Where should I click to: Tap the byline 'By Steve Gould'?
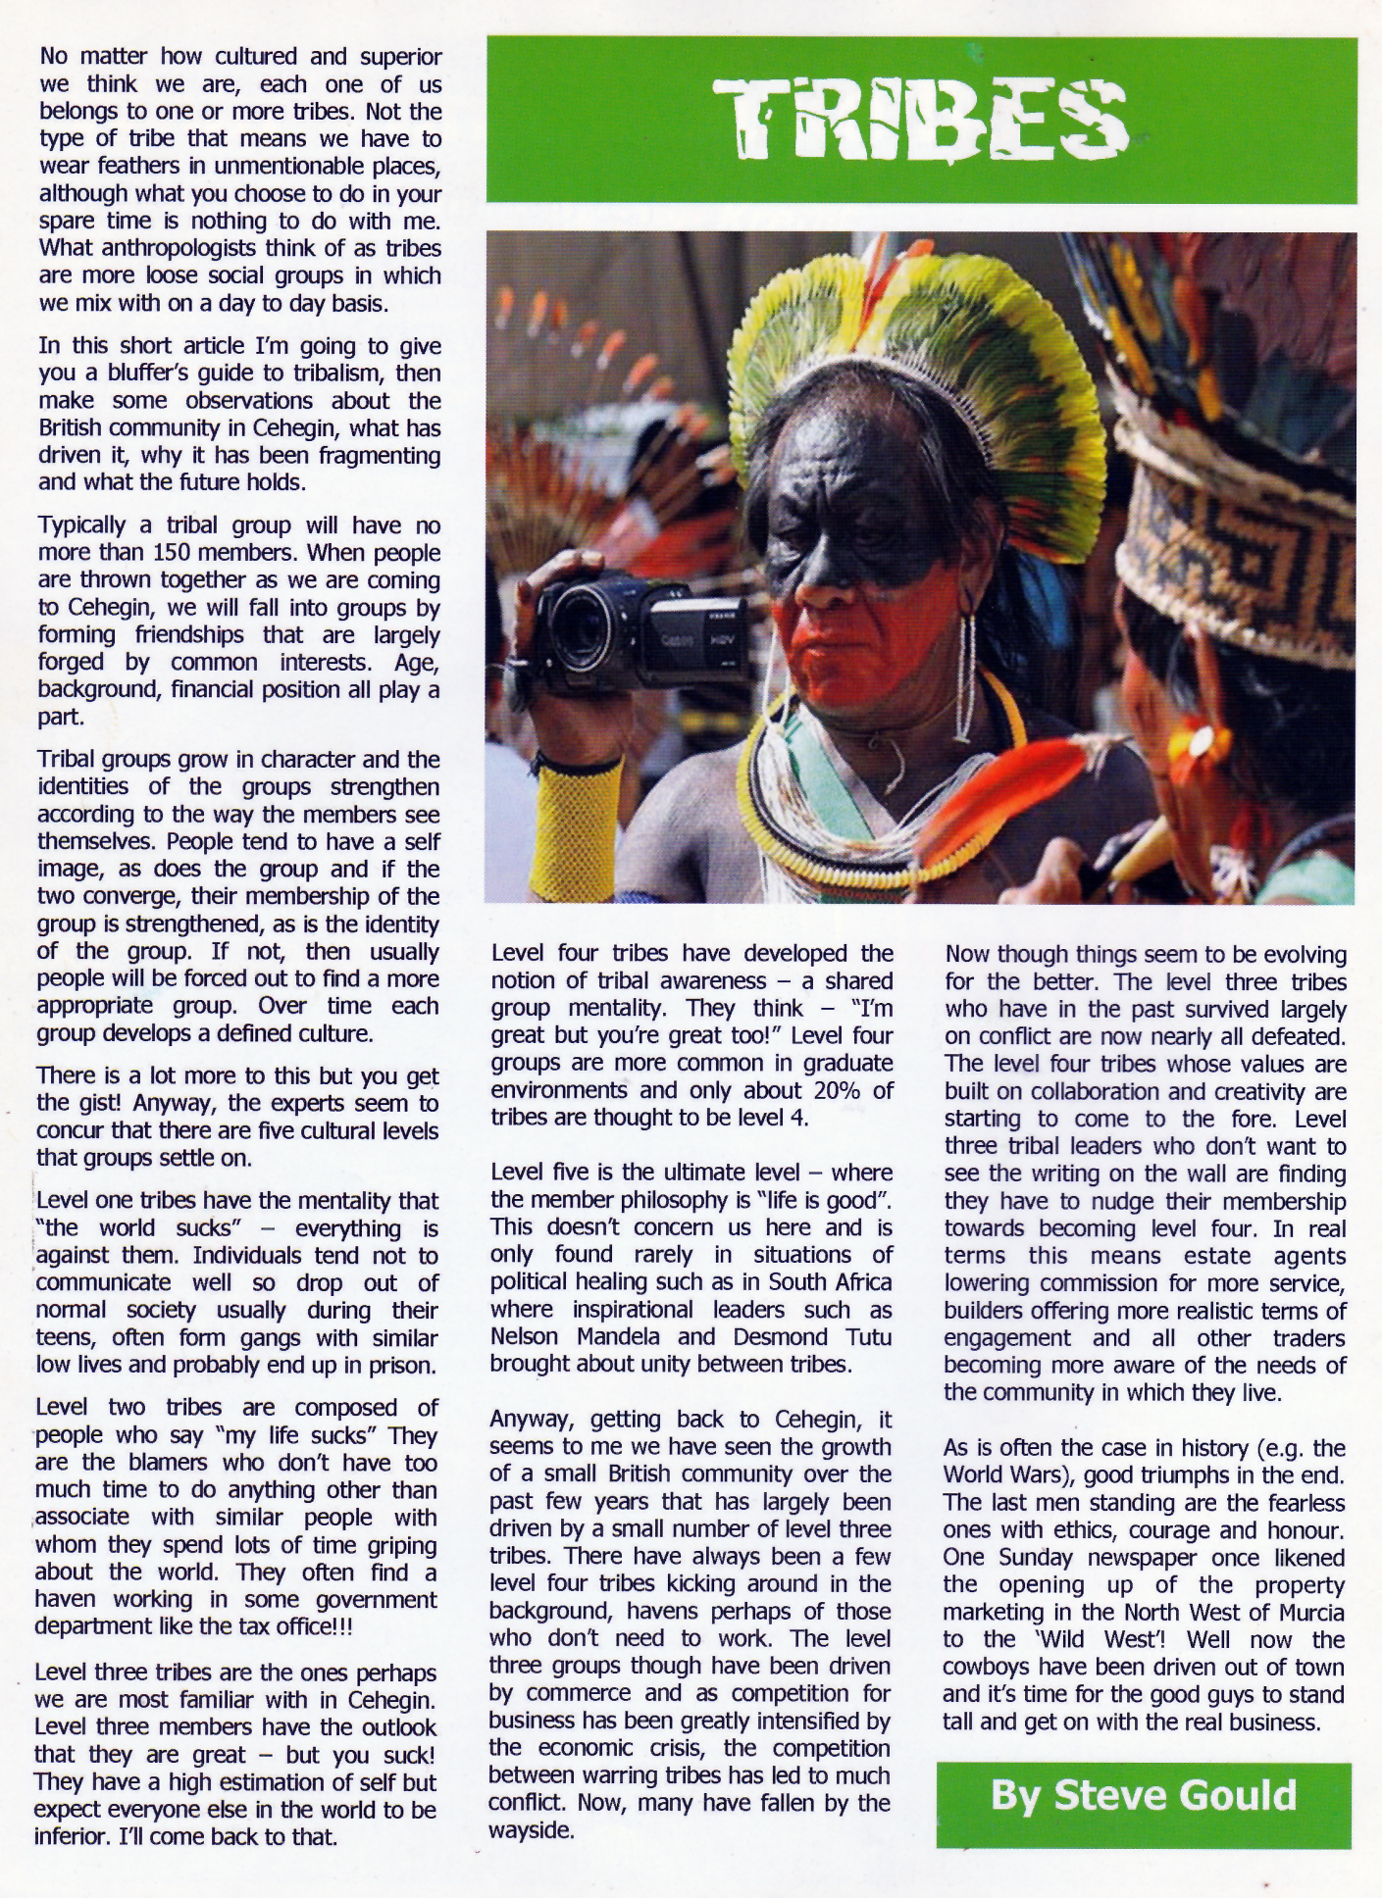click(x=1143, y=1795)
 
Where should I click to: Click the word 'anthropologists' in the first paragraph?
click(x=166, y=249)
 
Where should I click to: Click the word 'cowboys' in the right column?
click(x=984, y=1667)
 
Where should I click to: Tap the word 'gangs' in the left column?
click(x=263, y=1338)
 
